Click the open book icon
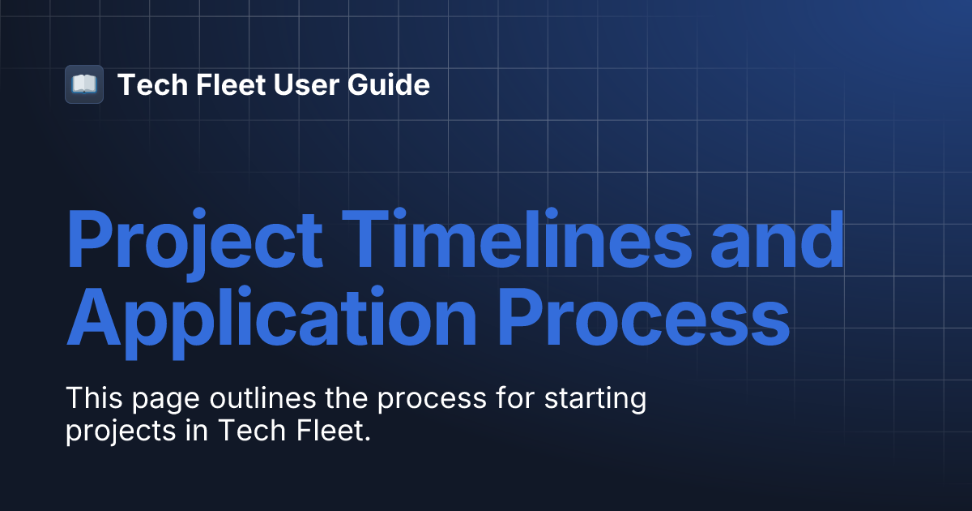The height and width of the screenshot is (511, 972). tap(84, 84)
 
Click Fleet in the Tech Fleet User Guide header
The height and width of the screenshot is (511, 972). tap(220, 84)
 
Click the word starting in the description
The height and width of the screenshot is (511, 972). tap(596, 401)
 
